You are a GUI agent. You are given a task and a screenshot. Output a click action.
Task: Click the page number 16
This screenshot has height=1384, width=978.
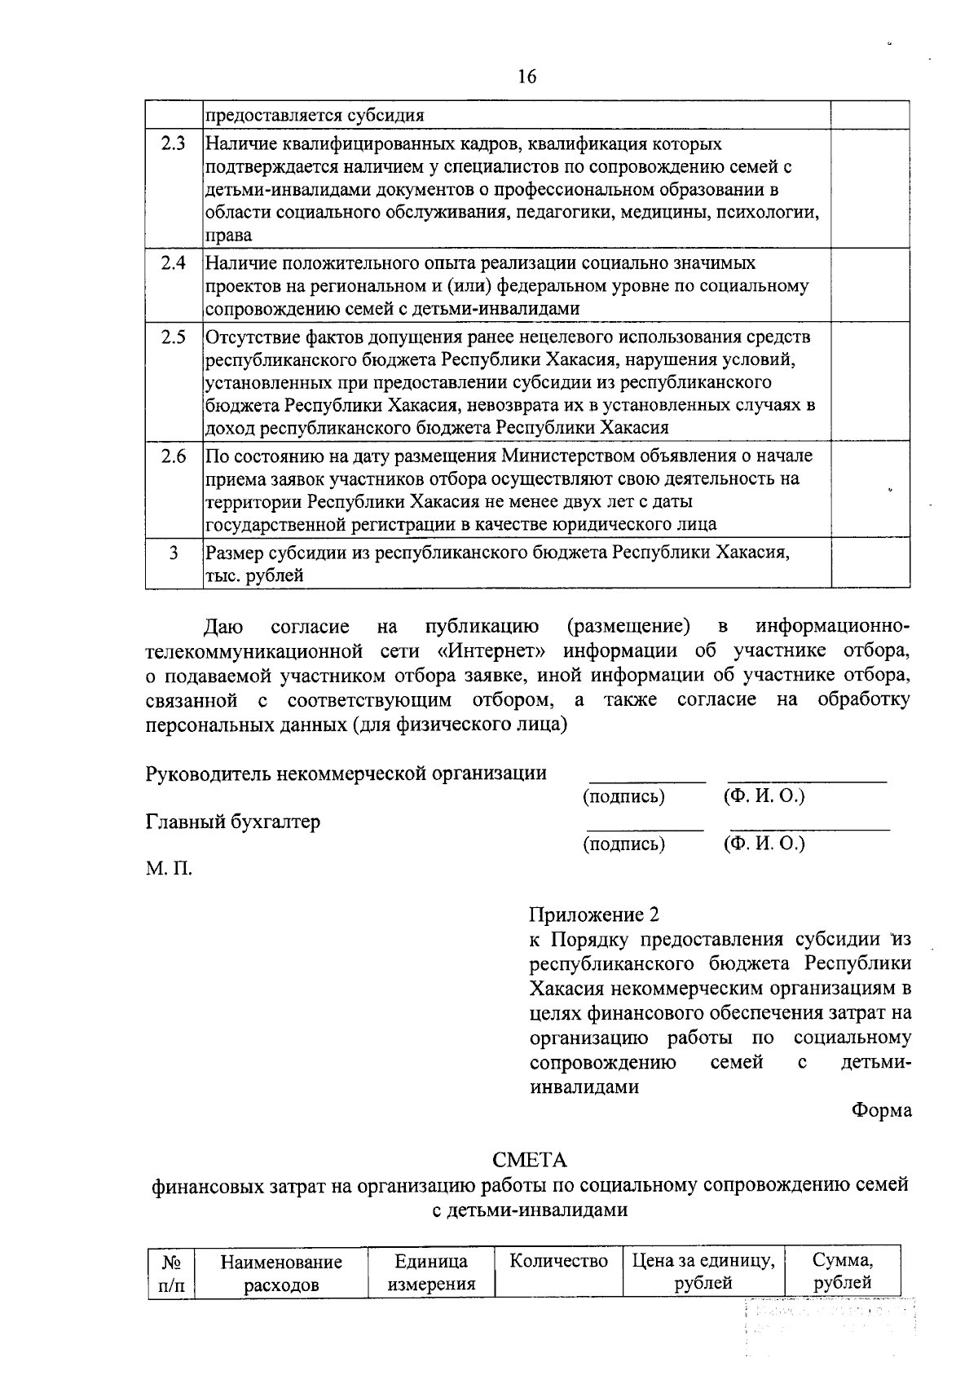526,77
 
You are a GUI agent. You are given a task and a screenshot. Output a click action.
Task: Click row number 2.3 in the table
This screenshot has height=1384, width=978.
173,144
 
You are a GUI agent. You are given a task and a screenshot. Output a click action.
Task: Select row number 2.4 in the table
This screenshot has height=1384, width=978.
173,263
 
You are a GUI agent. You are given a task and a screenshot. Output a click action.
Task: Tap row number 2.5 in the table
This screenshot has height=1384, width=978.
173,337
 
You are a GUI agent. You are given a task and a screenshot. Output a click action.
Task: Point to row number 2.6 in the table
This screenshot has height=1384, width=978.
173,456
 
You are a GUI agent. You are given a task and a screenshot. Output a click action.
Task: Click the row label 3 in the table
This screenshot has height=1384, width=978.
173,553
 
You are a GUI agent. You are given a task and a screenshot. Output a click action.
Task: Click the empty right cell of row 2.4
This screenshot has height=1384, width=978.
870,284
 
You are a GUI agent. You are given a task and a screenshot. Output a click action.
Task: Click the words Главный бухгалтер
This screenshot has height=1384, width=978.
232,822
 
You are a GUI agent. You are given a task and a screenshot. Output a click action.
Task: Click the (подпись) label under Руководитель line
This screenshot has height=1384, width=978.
623,796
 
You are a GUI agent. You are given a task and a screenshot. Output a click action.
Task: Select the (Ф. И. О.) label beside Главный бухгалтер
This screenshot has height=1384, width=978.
764,844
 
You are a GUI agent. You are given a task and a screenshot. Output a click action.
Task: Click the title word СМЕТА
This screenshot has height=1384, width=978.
529,1160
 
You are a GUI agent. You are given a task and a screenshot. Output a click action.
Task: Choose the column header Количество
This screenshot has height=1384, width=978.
558,1261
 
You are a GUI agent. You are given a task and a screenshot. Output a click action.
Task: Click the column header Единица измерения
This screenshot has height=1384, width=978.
430,1272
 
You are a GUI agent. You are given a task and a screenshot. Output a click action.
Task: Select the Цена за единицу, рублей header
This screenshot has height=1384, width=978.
703,1272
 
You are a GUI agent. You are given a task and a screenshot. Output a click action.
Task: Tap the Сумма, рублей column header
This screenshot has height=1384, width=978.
843,1272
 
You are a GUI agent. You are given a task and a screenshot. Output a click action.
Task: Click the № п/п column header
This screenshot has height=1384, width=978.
170,1272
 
